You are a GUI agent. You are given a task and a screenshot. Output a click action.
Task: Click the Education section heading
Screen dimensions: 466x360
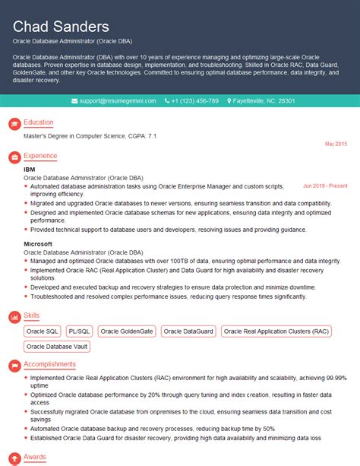38,122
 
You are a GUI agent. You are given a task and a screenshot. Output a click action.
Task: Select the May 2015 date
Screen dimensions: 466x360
336,144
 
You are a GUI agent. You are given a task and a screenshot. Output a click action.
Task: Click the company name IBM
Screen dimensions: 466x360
30,169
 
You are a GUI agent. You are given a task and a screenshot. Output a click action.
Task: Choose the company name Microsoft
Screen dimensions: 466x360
39,244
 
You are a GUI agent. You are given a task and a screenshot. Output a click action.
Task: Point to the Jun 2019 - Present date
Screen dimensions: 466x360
325,185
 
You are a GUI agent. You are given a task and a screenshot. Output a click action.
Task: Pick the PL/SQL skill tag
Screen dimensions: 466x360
78,331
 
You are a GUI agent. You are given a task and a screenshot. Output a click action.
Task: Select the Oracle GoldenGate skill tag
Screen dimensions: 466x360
126,331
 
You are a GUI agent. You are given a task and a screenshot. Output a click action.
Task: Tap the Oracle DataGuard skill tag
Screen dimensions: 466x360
188,331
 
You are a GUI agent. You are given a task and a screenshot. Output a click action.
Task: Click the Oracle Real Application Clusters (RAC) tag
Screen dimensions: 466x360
276,331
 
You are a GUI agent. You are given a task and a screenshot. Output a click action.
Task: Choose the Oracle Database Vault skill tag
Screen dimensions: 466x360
57,347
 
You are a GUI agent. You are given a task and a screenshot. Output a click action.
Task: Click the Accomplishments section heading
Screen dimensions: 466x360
49,365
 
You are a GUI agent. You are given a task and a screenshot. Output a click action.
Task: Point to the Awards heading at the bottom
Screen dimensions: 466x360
35,458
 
